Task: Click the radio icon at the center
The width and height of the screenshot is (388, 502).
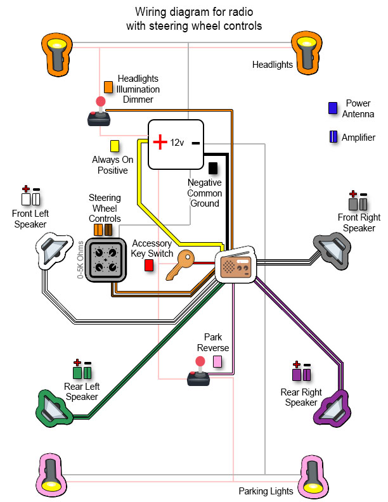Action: tap(235, 266)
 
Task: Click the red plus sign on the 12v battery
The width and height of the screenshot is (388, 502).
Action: tap(160, 142)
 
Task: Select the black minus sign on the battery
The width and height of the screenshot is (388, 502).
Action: tap(195, 143)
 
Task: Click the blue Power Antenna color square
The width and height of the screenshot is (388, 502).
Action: tap(332, 108)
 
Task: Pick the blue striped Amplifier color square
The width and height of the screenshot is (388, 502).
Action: tap(332, 137)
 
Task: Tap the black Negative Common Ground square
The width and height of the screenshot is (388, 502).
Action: tap(212, 168)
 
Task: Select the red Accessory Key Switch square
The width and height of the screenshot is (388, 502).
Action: tap(149, 266)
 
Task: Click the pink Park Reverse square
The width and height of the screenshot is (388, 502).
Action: tap(217, 361)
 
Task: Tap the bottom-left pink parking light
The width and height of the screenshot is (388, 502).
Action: tap(54, 472)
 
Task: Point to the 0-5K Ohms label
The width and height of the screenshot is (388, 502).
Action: tap(81, 260)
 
